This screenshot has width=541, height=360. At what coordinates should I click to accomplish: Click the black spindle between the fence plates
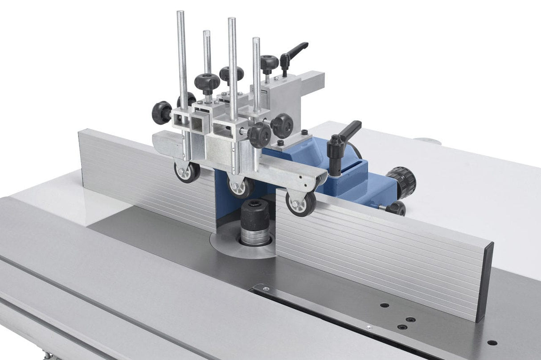(x=255, y=220)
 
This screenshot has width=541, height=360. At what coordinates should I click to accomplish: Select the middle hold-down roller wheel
(x=241, y=187)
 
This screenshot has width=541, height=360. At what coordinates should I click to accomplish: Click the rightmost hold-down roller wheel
(x=301, y=203)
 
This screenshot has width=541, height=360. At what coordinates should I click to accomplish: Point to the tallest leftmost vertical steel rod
(x=182, y=58)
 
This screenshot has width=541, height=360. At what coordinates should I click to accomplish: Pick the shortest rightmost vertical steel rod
(x=256, y=71)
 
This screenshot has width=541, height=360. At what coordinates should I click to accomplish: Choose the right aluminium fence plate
(x=379, y=250)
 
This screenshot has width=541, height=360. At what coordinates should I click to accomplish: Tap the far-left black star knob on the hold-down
(x=161, y=112)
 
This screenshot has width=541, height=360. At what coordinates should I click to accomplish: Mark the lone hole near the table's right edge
(x=492, y=343)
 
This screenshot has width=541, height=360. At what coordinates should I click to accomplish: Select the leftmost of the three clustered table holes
(x=384, y=306)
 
